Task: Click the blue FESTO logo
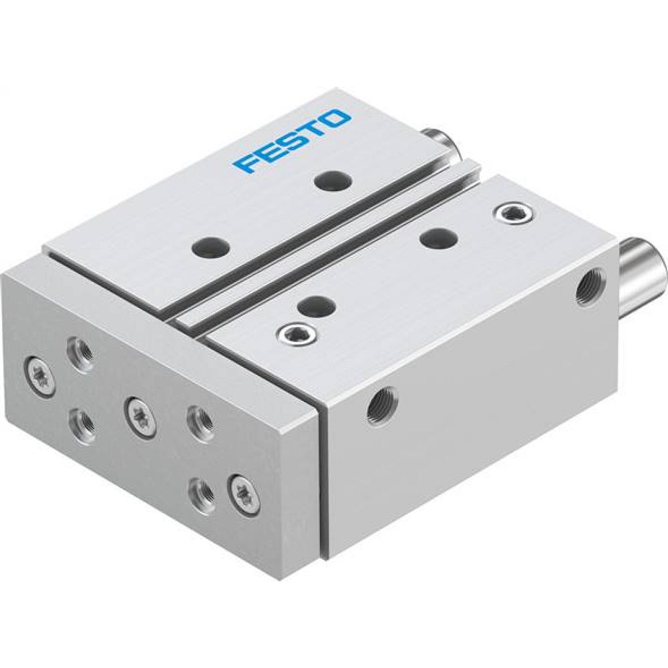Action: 293,142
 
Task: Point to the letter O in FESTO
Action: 337,121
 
